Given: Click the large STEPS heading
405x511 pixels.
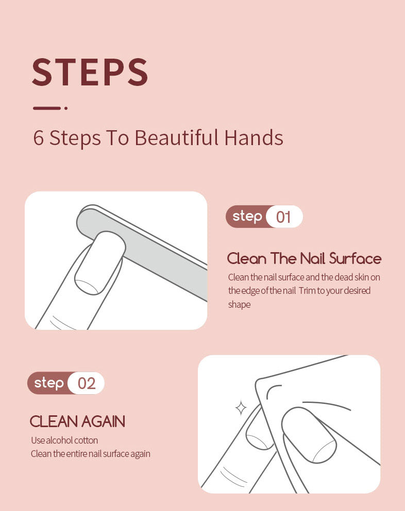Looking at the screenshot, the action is point(90,72).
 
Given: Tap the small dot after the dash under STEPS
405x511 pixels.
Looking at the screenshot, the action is point(66,108).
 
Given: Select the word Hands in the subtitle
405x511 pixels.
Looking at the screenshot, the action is point(254,137).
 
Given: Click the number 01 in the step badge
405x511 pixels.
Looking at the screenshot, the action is point(283,217).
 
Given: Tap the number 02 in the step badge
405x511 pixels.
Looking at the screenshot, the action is point(87,383).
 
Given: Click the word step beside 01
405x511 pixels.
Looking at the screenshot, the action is point(247,217).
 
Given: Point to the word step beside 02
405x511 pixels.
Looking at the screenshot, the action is point(49,383).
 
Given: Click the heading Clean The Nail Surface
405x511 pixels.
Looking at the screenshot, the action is point(304,258).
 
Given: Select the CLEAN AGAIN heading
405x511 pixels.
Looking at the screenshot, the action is point(77,421).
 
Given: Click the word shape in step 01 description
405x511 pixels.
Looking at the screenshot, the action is point(239,305).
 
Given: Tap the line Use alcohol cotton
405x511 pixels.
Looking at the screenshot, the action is point(64,440).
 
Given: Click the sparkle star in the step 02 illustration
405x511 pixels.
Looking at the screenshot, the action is point(241,408).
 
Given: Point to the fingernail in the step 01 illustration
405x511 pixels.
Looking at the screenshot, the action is point(100,262).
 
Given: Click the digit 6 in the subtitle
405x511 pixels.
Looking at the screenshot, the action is point(38,138).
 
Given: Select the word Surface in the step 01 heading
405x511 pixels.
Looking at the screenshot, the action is point(355,258).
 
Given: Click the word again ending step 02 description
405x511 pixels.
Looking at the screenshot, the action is point(140,454).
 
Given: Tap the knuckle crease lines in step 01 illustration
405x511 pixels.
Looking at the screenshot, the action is point(63,322).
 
